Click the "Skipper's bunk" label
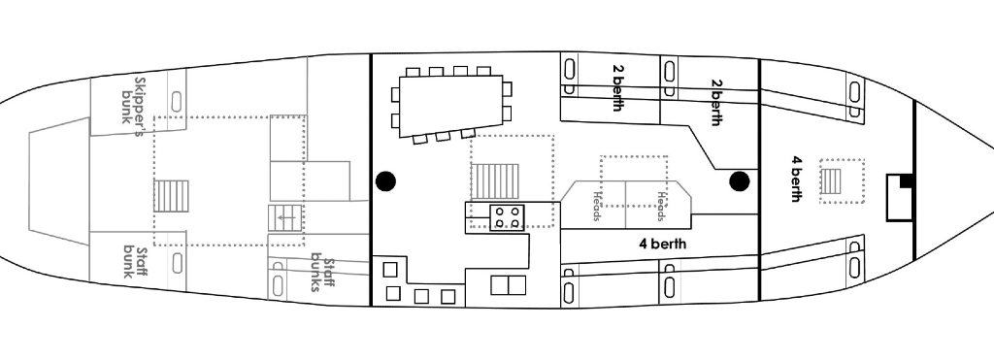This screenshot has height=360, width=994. point(133,100)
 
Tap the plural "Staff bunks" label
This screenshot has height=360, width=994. point(321,274)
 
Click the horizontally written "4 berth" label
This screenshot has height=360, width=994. point(663,244)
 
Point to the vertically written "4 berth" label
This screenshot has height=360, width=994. point(796,180)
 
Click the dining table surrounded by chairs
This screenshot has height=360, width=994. point(450,106)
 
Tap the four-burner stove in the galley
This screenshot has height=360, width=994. point(507,217)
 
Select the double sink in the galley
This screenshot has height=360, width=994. point(508,285)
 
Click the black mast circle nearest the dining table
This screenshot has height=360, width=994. point(385,181)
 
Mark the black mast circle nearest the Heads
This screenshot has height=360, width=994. point(739,181)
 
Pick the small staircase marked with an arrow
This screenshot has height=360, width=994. point(284,218)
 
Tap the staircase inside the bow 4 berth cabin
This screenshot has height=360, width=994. point(831,180)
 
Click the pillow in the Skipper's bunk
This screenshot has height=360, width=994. point(177,102)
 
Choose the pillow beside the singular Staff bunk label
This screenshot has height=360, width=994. point(177,263)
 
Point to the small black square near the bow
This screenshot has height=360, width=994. point(908,181)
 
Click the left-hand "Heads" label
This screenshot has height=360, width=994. point(597,207)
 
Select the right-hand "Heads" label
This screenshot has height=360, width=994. point(660,207)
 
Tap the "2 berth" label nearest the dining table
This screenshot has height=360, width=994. point(616,86)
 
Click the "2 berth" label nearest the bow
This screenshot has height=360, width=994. point(715,102)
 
